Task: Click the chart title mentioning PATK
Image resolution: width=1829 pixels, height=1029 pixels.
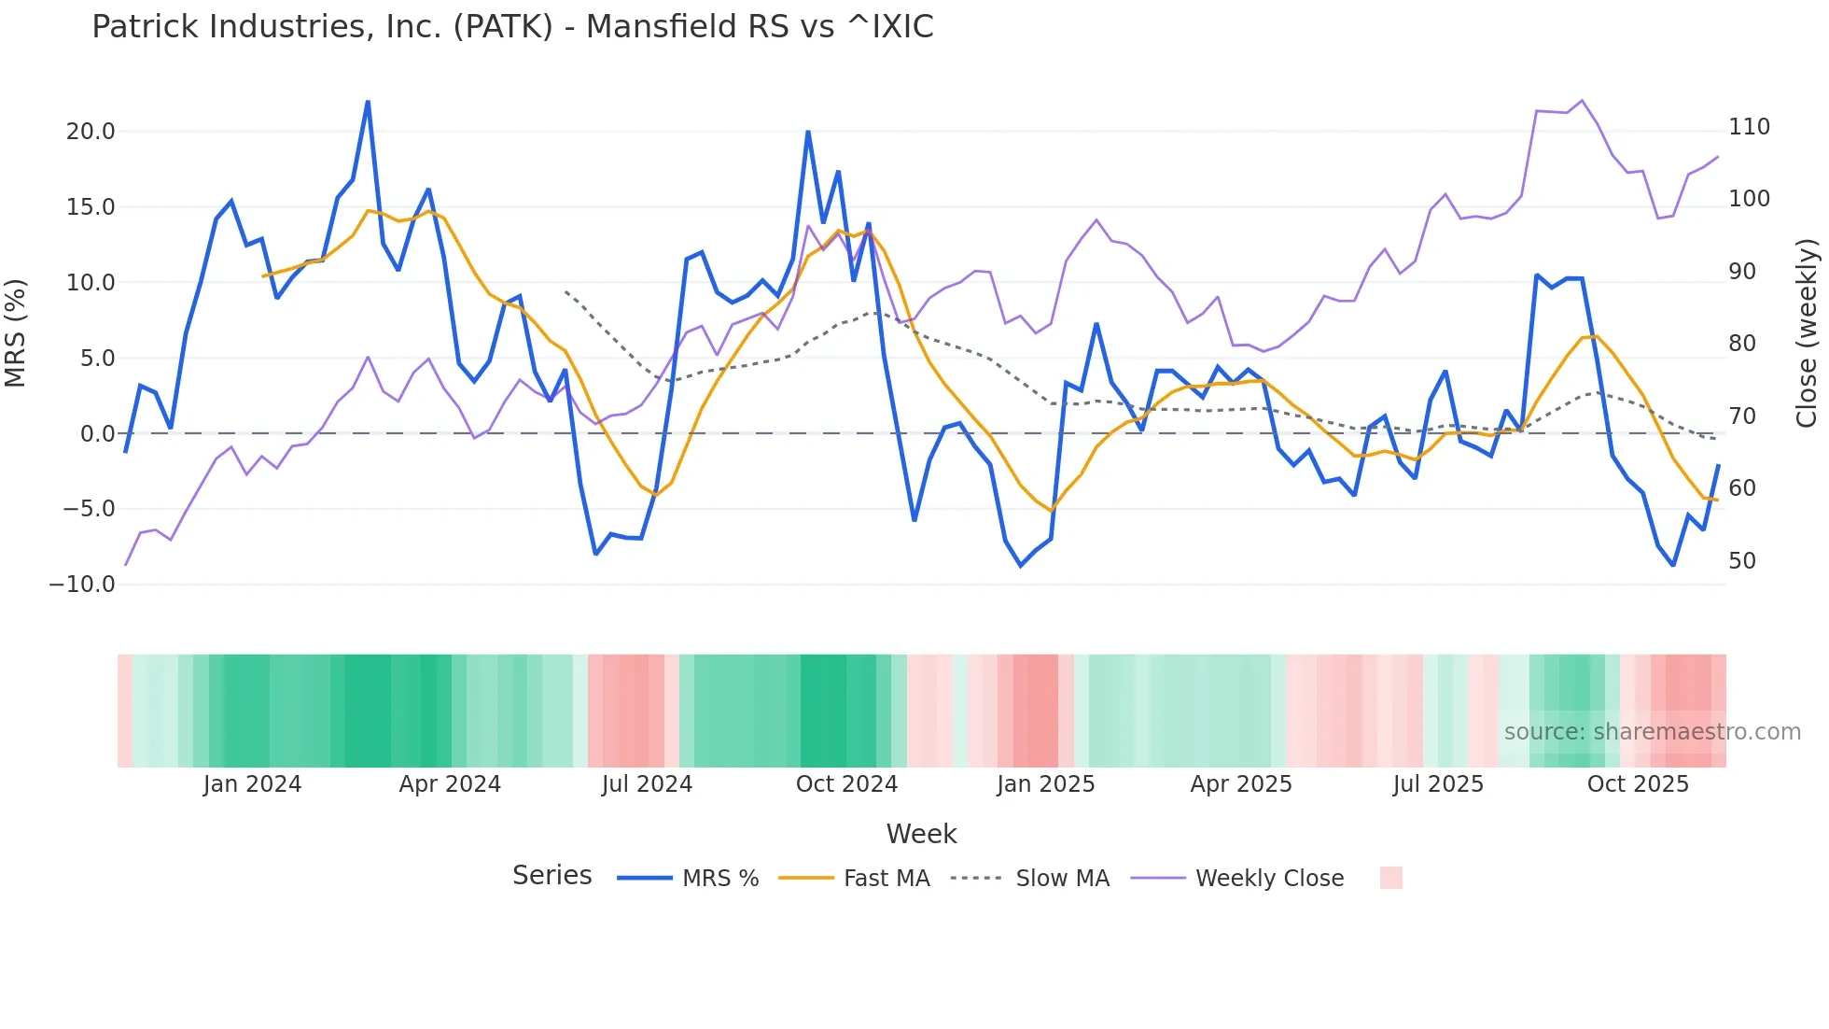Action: point(512,27)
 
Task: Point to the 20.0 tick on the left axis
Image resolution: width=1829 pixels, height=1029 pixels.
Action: point(91,132)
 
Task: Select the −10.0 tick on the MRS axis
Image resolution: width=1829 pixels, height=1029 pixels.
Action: point(82,585)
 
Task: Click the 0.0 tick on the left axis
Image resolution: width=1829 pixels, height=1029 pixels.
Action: point(97,434)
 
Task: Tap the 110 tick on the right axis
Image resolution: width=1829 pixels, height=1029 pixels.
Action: point(1749,127)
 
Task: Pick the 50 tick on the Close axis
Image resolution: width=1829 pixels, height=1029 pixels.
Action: point(1741,561)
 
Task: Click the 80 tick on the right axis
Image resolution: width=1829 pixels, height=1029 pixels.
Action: point(1741,344)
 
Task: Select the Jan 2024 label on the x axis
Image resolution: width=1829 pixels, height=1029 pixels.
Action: point(252,784)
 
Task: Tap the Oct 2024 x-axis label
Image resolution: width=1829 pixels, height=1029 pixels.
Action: point(846,784)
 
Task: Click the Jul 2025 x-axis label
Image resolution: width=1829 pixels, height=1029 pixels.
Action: point(1438,784)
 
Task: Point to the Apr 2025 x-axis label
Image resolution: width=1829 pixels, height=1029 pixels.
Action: point(1241,784)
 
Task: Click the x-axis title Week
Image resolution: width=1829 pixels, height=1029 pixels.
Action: point(921,834)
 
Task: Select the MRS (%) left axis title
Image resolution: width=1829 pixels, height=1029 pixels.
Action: point(16,333)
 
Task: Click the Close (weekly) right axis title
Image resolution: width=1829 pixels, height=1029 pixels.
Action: point(1807,333)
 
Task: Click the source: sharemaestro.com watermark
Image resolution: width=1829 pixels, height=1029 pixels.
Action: point(1652,732)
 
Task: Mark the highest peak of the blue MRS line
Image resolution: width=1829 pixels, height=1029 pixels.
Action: point(368,102)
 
